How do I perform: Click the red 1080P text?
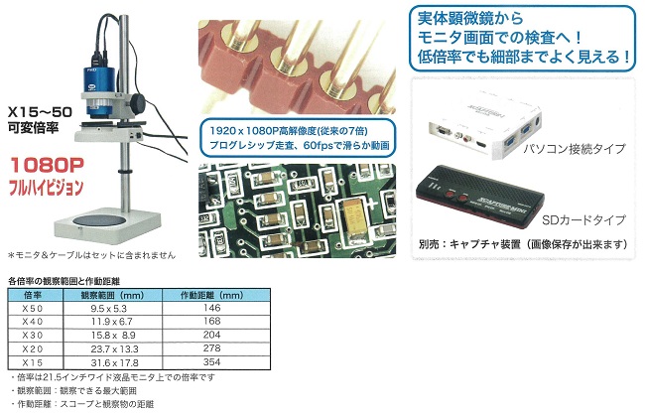[47, 165]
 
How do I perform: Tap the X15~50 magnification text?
[40, 111]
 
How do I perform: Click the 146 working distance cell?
[211, 308]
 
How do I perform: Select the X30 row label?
[32, 336]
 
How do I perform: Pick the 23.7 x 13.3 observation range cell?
[114, 349]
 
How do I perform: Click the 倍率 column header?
[33, 295]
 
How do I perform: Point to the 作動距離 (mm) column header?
[211, 295]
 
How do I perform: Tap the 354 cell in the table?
[211, 362]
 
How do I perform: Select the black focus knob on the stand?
[139, 102]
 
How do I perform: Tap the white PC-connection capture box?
[484, 123]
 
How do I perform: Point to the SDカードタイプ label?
[583, 220]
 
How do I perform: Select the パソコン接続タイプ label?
[575, 149]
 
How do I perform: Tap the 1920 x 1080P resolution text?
[289, 131]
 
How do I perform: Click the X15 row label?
[32, 363]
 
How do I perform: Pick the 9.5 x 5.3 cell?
[108, 309]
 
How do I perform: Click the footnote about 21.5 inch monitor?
[112, 377]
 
